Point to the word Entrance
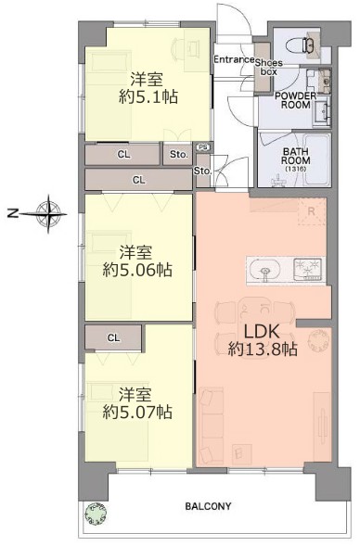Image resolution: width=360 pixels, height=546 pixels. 234,59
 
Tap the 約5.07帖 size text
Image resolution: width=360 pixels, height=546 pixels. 135,410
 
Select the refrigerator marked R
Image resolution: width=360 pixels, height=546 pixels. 311,211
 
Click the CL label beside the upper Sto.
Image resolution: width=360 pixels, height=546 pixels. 123,154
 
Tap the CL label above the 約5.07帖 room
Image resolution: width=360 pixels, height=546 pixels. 112,337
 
